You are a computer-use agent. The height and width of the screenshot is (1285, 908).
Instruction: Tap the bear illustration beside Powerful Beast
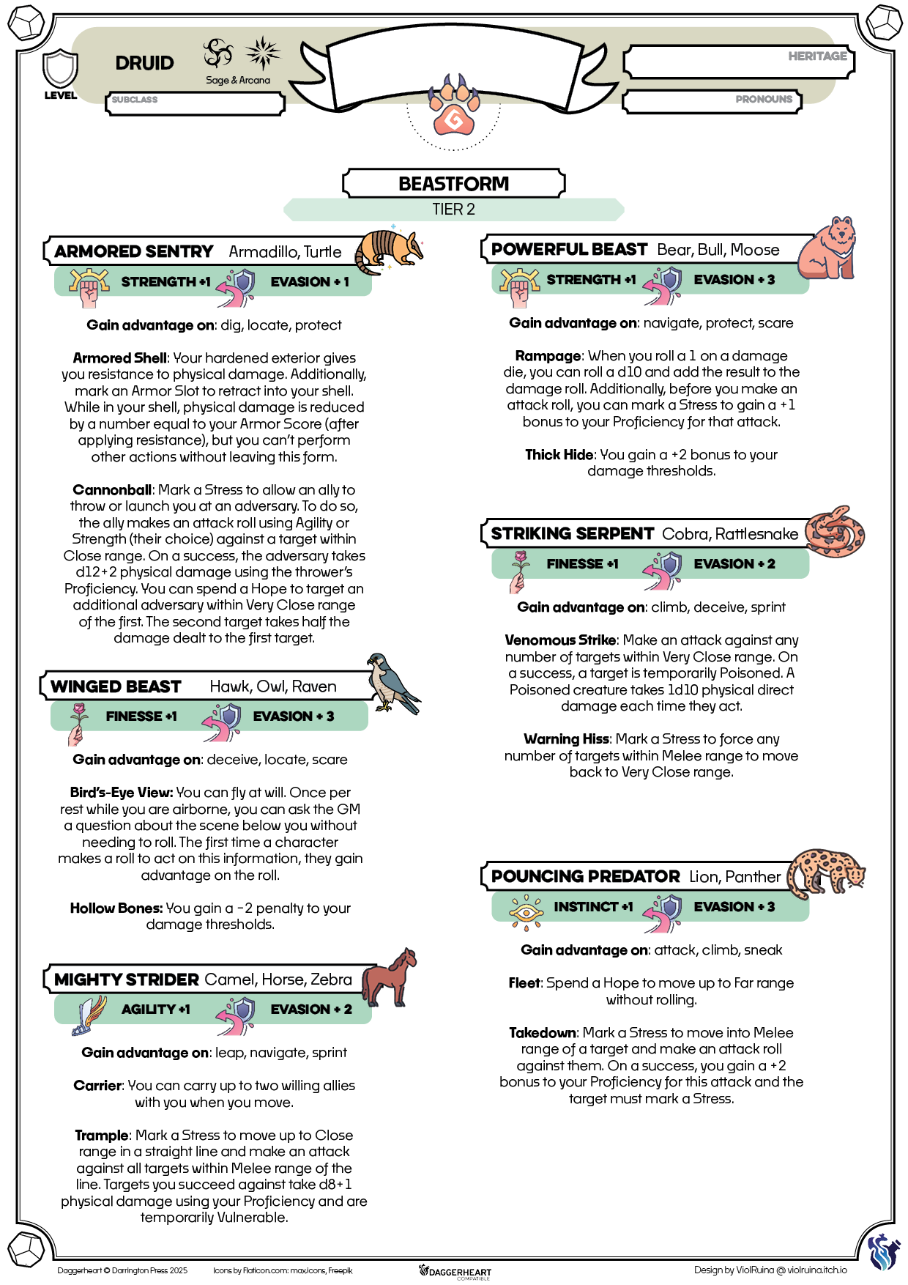point(828,249)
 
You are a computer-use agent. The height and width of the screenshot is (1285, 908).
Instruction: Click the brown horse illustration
point(389,978)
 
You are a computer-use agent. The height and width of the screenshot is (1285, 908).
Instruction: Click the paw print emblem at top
point(454,108)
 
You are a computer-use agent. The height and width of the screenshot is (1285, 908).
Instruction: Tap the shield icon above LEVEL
point(60,69)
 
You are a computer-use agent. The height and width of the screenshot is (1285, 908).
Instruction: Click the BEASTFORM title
point(453,183)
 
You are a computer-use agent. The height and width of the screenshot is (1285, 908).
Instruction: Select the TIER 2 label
point(453,210)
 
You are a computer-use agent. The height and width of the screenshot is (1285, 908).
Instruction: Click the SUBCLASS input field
point(195,103)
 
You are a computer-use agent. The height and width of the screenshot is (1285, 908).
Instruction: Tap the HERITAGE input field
point(738,62)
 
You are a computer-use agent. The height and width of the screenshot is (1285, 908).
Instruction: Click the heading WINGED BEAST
point(116,686)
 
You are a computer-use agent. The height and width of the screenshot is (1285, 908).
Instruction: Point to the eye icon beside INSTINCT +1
point(526,911)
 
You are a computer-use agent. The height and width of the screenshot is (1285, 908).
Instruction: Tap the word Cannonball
point(112,489)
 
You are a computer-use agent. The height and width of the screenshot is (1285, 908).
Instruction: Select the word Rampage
point(548,356)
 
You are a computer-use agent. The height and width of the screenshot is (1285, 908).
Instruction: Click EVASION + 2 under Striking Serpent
point(734,563)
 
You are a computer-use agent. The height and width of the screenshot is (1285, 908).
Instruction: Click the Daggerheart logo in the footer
point(455,1271)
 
